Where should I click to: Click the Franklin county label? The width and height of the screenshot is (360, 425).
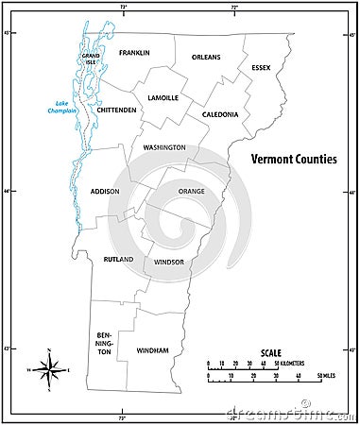[134, 53]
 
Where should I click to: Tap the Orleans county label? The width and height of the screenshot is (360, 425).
[206, 57]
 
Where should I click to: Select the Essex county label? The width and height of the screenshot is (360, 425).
[261, 68]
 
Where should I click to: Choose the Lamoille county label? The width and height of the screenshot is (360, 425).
[163, 98]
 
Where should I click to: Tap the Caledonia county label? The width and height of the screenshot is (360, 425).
[219, 114]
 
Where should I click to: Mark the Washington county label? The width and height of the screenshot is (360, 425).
[164, 148]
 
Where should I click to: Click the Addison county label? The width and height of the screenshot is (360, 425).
[105, 191]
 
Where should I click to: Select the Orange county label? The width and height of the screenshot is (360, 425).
[191, 191]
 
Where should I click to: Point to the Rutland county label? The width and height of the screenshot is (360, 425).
[118, 259]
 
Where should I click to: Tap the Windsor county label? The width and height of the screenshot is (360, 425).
[167, 261]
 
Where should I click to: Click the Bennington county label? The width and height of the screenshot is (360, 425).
[104, 343]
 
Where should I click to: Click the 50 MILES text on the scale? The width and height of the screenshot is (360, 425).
[326, 375]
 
